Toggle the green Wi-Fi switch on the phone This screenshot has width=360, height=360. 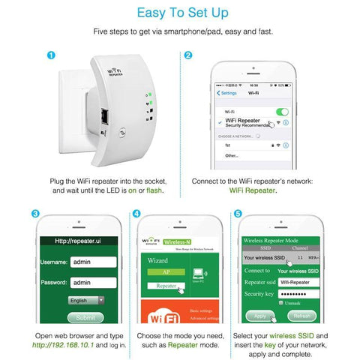281,112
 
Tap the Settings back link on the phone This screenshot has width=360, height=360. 227,93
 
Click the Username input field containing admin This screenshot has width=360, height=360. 91,262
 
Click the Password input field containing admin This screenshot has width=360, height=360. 91,283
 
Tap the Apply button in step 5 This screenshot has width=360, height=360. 259,316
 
